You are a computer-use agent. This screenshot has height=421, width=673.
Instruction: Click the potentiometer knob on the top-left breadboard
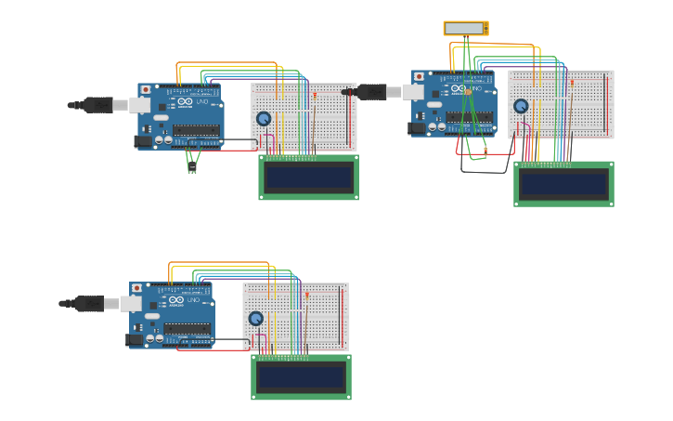264,119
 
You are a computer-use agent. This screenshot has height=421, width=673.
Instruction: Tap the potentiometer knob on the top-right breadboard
521,106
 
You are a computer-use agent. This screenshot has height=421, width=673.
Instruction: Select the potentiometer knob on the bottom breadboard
255,318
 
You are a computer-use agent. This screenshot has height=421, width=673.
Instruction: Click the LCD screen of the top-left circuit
308,178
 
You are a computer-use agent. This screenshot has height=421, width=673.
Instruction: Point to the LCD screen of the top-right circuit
563,184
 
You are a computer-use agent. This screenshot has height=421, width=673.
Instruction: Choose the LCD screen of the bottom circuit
301,376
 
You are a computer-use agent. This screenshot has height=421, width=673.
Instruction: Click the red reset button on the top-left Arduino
146,90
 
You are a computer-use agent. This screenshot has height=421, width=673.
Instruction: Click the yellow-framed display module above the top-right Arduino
465,29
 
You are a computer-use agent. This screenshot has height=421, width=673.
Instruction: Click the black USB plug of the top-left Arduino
97,105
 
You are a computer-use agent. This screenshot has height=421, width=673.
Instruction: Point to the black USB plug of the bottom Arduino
88,304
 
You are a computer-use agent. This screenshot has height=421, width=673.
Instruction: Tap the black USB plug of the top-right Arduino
370,91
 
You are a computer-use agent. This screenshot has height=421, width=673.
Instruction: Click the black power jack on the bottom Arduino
135,340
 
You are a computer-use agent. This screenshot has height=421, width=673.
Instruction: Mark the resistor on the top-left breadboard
315,96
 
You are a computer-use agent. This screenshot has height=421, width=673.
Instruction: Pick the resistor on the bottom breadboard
307,295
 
